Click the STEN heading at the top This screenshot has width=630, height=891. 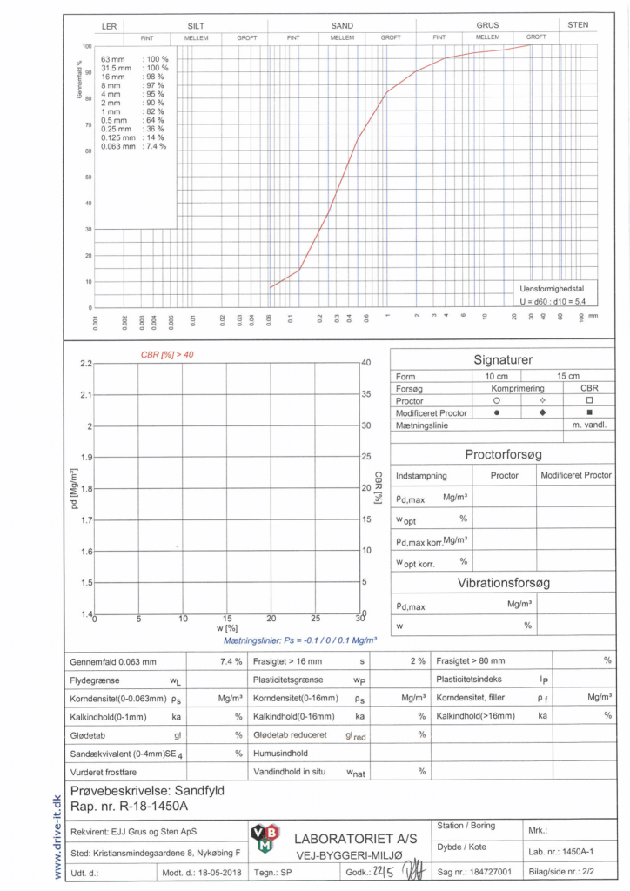[x=578, y=25]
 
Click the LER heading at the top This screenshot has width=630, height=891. [x=109, y=26]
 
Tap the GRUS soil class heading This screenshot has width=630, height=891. [x=487, y=25]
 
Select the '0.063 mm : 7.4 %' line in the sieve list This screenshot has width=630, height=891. [x=133, y=146]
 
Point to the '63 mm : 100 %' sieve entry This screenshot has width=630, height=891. [x=134, y=58]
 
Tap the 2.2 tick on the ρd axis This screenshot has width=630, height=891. [x=85, y=363]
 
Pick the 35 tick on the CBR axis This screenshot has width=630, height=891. [x=366, y=394]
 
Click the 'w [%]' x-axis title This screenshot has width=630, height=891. [x=226, y=627]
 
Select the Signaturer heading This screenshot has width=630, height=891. [x=502, y=359]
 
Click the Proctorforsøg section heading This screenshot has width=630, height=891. [x=503, y=454]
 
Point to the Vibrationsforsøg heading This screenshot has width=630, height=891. [x=503, y=583]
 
